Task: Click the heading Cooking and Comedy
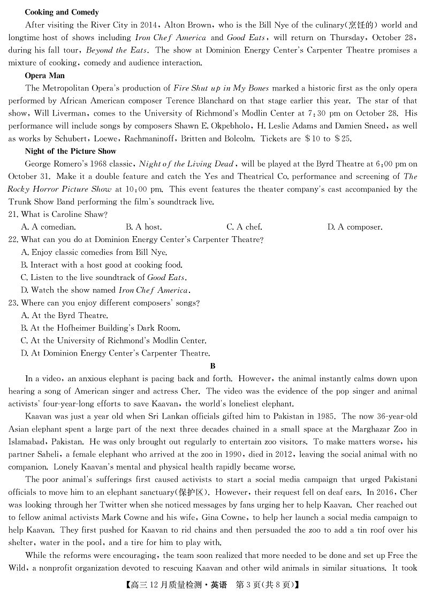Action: click(62, 12)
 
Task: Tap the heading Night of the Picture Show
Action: click(71, 151)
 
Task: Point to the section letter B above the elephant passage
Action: click(212, 366)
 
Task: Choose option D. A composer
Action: click(354, 227)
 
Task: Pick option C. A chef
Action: click(244, 227)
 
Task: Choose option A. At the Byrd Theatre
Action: click(64, 315)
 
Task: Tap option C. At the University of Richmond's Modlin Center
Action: click(113, 341)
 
